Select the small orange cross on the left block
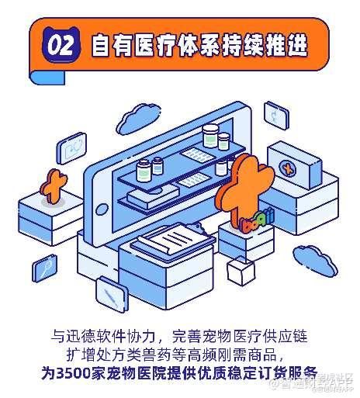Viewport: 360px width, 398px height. click(x=54, y=185)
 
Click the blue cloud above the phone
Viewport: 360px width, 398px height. click(x=137, y=119)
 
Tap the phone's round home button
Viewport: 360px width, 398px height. click(x=102, y=209)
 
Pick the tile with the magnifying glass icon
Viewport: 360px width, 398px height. click(x=45, y=268)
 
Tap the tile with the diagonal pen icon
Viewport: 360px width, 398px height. click(x=112, y=294)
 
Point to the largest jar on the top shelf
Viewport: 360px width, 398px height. click(x=210, y=136)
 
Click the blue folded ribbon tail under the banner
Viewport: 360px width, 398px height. click(x=47, y=77)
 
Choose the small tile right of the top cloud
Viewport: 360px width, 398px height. click(x=276, y=116)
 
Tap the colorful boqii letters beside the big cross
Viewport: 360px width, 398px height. click(x=257, y=220)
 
